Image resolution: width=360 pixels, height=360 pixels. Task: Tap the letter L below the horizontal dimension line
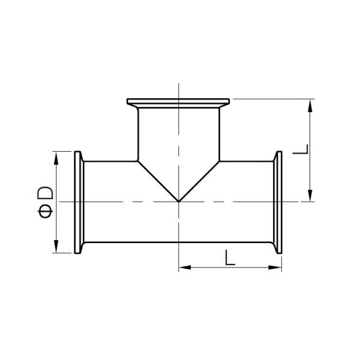pyautogui.click(x=229, y=257)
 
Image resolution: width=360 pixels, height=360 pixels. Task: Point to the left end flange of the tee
pyautogui.click(x=78, y=202)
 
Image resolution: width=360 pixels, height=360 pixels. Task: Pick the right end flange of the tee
pyautogui.click(x=279, y=202)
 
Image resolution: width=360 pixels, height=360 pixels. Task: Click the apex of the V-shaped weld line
pyautogui.click(x=179, y=201)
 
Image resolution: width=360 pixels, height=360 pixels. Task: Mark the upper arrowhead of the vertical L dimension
pyautogui.click(x=310, y=105)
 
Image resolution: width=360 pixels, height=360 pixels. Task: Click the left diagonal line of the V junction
pyautogui.click(x=158, y=181)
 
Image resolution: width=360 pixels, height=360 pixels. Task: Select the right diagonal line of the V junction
pyautogui.click(x=199, y=181)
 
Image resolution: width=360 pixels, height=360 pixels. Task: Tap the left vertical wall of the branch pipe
pyautogui.click(x=138, y=135)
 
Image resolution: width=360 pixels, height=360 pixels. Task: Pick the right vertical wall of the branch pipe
pyautogui.click(x=220, y=135)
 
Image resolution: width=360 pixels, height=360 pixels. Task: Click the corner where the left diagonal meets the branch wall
pyautogui.click(x=138, y=160)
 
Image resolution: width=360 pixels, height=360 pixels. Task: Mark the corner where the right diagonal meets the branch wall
pyautogui.click(x=220, y=160)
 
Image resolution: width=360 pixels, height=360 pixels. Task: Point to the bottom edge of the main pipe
pyautogui.click(x=179, y=243)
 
